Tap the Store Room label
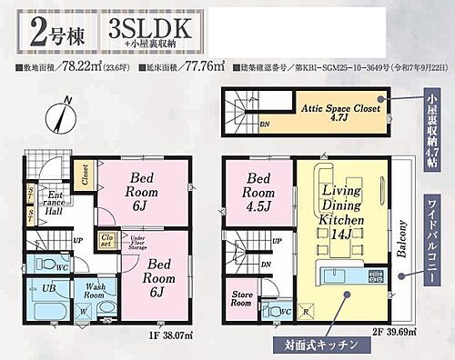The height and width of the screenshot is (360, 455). click(240, 298)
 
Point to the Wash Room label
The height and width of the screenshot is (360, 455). click(95, 290)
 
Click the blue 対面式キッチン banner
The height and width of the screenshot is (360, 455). click(314, 347)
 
